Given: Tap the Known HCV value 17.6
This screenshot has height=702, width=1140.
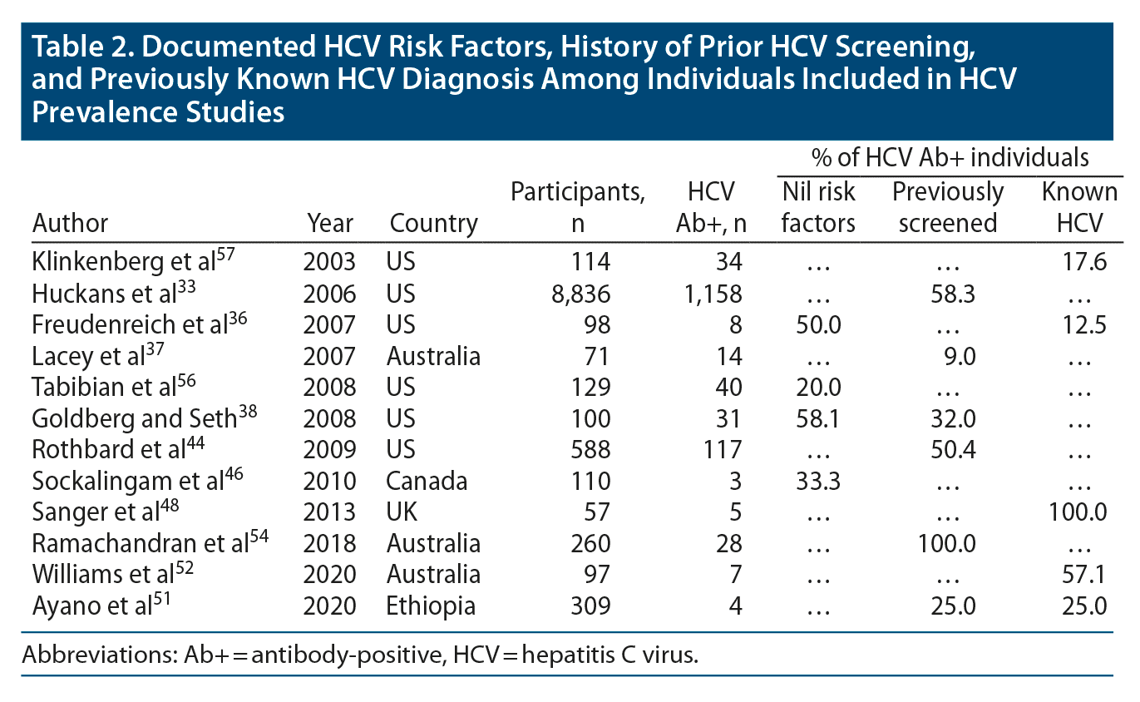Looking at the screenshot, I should tap(1086, 263).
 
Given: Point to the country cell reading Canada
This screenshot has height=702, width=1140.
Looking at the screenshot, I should tap(427, 481).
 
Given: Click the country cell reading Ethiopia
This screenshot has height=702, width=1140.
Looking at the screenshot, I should tap(431, 606).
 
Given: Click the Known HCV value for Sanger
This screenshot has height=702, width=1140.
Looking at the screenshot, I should tap(1078, 512).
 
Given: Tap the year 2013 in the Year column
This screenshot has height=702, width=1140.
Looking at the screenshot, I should tap(330, 512).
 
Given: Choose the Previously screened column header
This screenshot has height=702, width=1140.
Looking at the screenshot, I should tap(947, 207).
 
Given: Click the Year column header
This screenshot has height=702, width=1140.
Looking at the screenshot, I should tap(330, 223).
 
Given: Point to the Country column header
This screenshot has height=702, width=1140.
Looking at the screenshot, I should tap(434, 223).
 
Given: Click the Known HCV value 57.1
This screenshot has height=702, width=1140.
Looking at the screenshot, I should tap(1086, 575).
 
